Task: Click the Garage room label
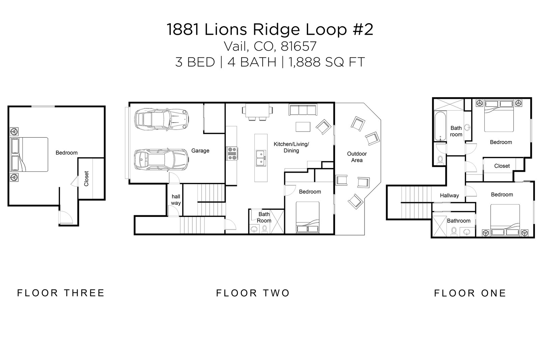pos(200,151)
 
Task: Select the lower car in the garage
pos(161,160)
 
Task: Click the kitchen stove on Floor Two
pos(233,153)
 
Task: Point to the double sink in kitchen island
pos(260,158)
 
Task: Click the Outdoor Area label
pos(357,157)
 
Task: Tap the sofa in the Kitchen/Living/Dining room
pos(302,110)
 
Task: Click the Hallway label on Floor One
pos(449,196)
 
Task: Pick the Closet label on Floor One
pos(502,166)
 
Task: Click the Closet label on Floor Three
pos(86,179)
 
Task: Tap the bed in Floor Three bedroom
pos(30,154)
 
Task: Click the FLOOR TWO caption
pos(253,293)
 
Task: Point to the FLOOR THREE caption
pos(61,293)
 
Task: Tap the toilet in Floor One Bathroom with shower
pos(454,231)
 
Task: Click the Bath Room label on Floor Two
pos(264,217)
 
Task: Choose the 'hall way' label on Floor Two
pos(176,200)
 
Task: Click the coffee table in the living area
pos(303,127)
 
